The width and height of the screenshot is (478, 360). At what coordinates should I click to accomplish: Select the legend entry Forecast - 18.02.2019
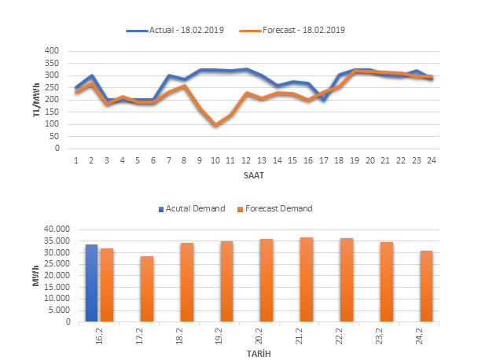298,30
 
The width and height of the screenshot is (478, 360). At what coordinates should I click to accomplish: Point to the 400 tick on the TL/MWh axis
53,51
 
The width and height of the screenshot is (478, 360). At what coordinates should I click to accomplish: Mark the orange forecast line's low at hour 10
215,125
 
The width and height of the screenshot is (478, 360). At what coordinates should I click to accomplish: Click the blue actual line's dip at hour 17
323,100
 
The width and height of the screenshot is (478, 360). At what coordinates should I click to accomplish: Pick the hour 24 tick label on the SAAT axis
431,160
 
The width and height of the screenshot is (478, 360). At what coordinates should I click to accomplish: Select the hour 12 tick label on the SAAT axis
245,160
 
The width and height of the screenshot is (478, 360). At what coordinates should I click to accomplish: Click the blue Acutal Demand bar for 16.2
91,283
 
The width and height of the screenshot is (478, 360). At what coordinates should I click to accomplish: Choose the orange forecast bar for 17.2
147,288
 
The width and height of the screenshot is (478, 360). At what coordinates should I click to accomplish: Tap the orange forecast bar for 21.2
307,279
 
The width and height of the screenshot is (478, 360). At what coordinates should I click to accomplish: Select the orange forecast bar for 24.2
427,286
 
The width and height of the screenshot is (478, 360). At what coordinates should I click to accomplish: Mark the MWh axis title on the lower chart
35,276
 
